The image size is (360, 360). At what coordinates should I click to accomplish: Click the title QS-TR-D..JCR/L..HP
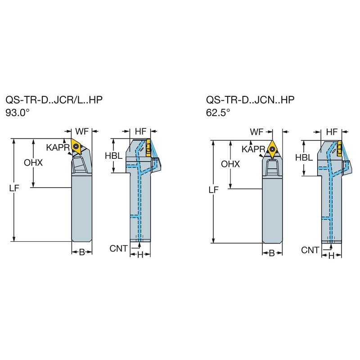(54, 100)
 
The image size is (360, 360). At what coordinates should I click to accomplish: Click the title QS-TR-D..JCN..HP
(250, 100)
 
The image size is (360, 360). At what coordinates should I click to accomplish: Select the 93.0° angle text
(18, 113)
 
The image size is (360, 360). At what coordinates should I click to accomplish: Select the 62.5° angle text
(218, 112)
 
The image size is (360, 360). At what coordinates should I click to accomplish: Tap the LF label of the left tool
(14, 188)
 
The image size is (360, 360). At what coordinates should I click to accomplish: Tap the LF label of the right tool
(213, 190)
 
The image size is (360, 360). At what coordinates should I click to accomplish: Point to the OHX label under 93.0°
(33, 163)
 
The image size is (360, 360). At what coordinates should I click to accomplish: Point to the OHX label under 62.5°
(230, 164)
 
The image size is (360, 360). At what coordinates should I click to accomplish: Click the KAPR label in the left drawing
(58, 148)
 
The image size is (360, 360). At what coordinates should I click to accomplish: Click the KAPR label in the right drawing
(253, 149)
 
